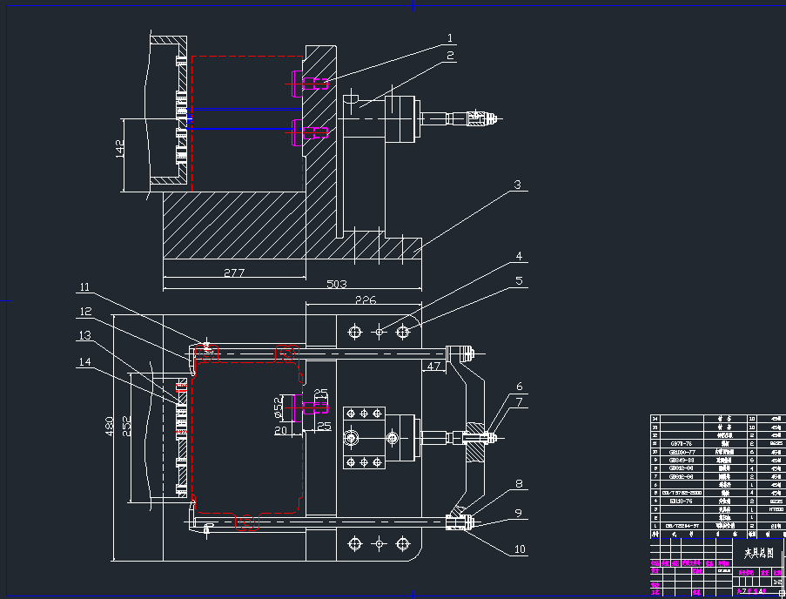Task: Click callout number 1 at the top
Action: [x=450, y=38]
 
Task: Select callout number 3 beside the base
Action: [x=516, y=185]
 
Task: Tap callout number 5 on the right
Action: [x=518, y=281]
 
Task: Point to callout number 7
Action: [x=519, y=401]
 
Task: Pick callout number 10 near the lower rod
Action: [x=520, y=549]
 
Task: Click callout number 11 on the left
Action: [x=84, y=287]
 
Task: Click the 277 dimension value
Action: [x=234, y=273]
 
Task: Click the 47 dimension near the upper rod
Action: [x=433, y=367]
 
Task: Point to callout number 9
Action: [x=519, y=514]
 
